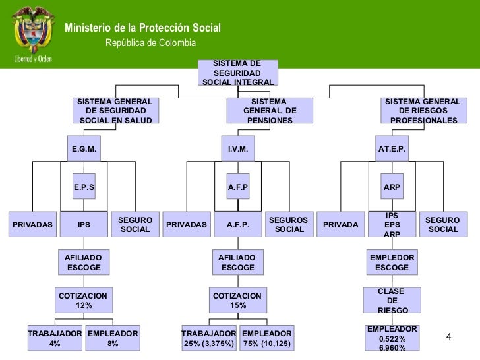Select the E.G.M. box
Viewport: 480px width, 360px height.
coord(84,150)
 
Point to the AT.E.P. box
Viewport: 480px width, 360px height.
coord(392,150)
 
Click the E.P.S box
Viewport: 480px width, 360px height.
coord(84,187)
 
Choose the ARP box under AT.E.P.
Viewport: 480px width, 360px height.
coord(392,187)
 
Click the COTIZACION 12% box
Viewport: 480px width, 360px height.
coord(84,301)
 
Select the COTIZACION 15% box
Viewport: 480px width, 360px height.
coord(237,301)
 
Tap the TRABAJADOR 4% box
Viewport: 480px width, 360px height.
coord(55,339)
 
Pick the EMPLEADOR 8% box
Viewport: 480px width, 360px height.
coord(113,339)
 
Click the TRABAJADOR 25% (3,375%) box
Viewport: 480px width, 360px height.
coord(208,339)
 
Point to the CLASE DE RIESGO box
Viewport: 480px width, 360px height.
coord(392,301)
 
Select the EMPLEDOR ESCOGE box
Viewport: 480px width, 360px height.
coord(392,262)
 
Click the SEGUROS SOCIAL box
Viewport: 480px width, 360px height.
coord(289,224)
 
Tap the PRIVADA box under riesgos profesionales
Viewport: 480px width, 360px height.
coord(341,225)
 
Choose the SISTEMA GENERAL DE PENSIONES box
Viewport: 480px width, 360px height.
coord(269,111)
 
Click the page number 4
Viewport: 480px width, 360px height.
coord(448,337)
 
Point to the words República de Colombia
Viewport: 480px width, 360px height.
coord(151,43)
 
